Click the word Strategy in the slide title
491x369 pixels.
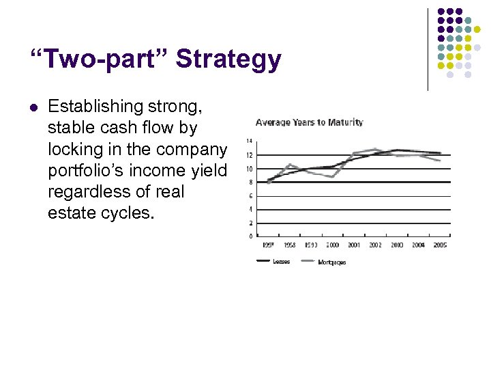click(x=228, y=60)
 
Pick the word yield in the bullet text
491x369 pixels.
click(x=209, y=170)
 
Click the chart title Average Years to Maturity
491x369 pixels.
click(x=309, y=122)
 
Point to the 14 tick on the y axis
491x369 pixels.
click(x=249, y=141)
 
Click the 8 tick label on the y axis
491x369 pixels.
click(x=250, y=182)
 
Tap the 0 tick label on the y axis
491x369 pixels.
click(x=250, y=236)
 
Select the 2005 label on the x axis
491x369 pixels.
click(x=440, y=245)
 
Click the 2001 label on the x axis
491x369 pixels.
click(x=354, y=245)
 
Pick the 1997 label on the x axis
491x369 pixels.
click(x=269, y=245)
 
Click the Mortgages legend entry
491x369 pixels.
click(x=331, y=262)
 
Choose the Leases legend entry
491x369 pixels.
click(x=280, y=262)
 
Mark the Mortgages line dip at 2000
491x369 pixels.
click(x=333, y=177)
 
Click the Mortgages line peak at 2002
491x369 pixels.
click(x=376, y=149)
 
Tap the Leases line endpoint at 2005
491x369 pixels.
click(x=440, y=153)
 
